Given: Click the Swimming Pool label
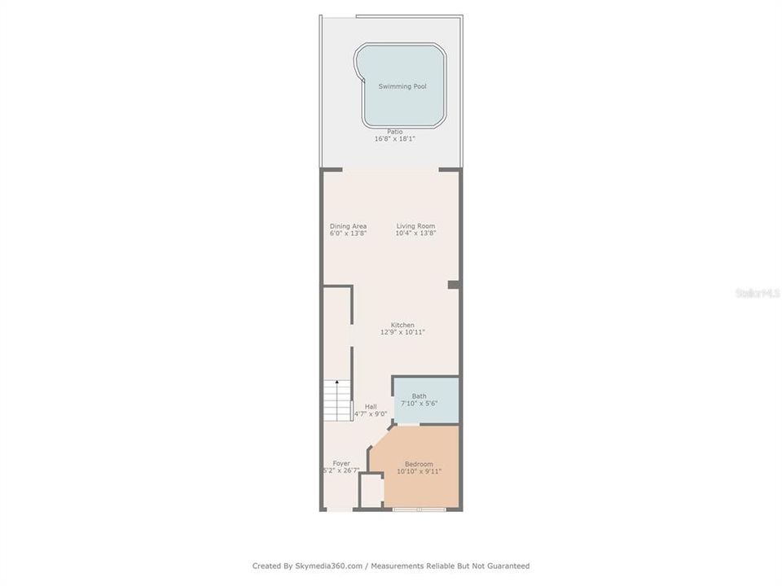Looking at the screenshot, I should tap(402, 86).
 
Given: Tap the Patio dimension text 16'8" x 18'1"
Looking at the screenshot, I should tap(395, 139).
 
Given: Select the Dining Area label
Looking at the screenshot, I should tap(348, 226).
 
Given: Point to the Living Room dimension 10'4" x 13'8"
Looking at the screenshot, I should tap(416, 234).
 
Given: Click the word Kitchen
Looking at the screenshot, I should tap(402, 325).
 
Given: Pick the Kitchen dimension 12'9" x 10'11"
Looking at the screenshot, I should tap(402, 332).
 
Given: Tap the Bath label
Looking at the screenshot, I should tap(419, 396).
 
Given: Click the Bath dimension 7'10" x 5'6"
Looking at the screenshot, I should tap(419, 404).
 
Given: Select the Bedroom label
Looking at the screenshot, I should tap(419, 464).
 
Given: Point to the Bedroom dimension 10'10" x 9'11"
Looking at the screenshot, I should tap(419, 471).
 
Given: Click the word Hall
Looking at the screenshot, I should tap(371, 406).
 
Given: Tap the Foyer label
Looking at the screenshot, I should tap(341, 463).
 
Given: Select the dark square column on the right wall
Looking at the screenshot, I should tap(453, 284).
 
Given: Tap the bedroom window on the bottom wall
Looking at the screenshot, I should tap(419, 509).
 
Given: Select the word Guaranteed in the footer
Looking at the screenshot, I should tap(506, 566).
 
